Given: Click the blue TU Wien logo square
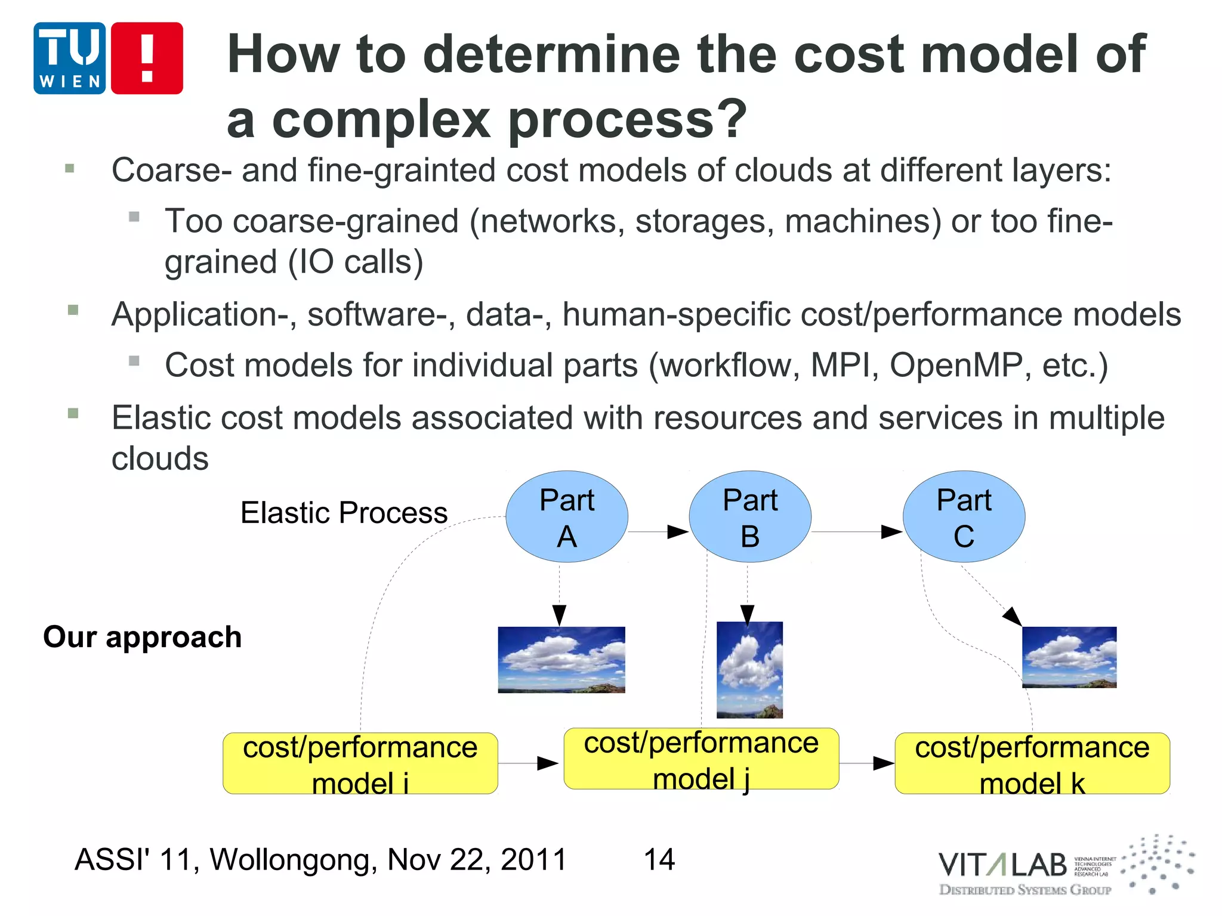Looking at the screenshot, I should click(69, 58).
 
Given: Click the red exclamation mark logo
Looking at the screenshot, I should click(147, 58).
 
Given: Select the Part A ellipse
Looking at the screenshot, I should click(566, 516).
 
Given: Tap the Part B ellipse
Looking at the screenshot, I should click(749, 516).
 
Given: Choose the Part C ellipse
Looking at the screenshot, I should click(964, 516).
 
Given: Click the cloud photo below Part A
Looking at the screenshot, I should click(561, 660).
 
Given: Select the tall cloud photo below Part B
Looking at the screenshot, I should click(749, 670).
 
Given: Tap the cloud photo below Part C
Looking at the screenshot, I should click(1069, 657).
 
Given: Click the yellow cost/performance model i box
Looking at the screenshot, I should click(360, 763).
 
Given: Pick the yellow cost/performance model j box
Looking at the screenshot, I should click(701, 759).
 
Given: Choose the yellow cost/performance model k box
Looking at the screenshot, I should click(1032, 763).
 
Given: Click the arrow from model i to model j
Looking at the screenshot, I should click(529, 763).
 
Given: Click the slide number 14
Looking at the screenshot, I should click(659, 859).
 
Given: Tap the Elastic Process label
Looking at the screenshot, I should click(344, 512).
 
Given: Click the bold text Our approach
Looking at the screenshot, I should click(142, 636).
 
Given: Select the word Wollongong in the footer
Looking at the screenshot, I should click(293, 859).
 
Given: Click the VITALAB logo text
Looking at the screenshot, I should click(1002, 865).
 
